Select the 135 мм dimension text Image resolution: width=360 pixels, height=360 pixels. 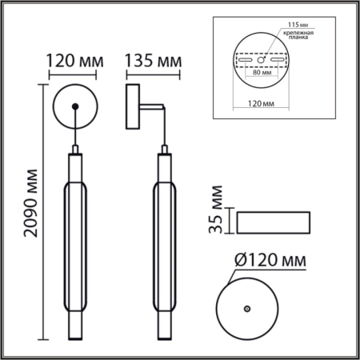coord(153,61)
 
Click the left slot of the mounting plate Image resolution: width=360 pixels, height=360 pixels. coord(242,59)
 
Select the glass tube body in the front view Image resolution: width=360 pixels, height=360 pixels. coord(74,240)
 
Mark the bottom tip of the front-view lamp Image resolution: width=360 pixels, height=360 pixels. coord(74,334)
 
